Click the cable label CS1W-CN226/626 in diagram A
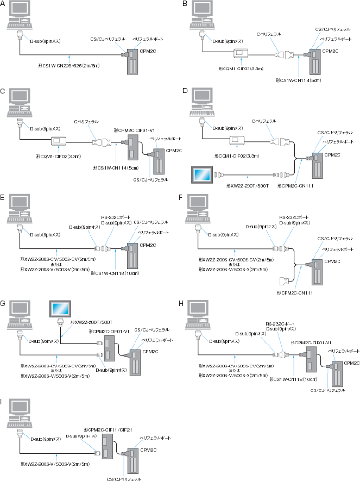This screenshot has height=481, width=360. click(69, 65)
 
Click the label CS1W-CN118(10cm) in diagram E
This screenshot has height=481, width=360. click(113, 273)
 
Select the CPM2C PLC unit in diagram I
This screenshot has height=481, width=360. click(131, 455)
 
